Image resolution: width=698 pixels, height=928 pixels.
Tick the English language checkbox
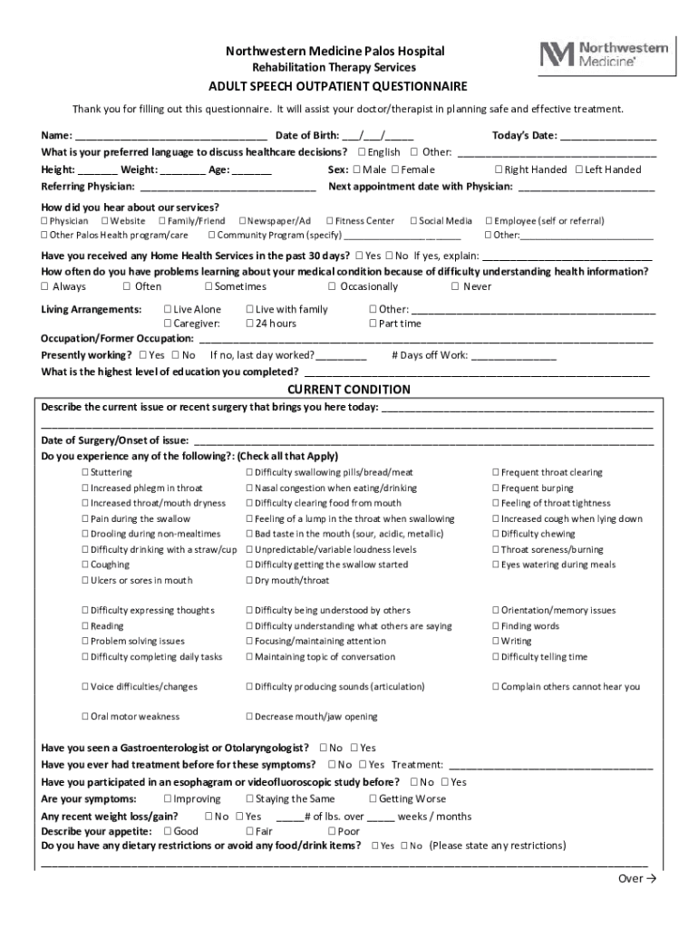click(x=363, y=152)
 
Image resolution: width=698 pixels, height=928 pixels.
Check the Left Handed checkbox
click(x=579, y=169)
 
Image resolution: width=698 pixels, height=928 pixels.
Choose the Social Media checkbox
click(x=413, y=221)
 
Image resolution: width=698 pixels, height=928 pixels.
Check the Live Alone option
click(x=168, y=310)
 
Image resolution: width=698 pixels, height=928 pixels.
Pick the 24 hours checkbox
click(x=250, y=324)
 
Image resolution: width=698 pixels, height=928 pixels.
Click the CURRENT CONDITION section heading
click(x=349, y=390)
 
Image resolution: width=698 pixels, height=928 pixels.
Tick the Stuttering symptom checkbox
click(x=85, y=473)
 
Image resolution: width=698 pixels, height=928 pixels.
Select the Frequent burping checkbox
click(x=496, y=488)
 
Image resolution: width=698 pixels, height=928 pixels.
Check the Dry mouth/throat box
click(x=250, y=581)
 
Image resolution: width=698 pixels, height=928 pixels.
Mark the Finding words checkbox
click(x=496, y=626)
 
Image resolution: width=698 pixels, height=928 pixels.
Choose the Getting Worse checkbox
click(x=373, y=799)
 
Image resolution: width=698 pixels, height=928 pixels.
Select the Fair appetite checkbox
click(x=250, y=832)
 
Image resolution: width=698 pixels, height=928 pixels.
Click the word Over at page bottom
click(x=629, y=879)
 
